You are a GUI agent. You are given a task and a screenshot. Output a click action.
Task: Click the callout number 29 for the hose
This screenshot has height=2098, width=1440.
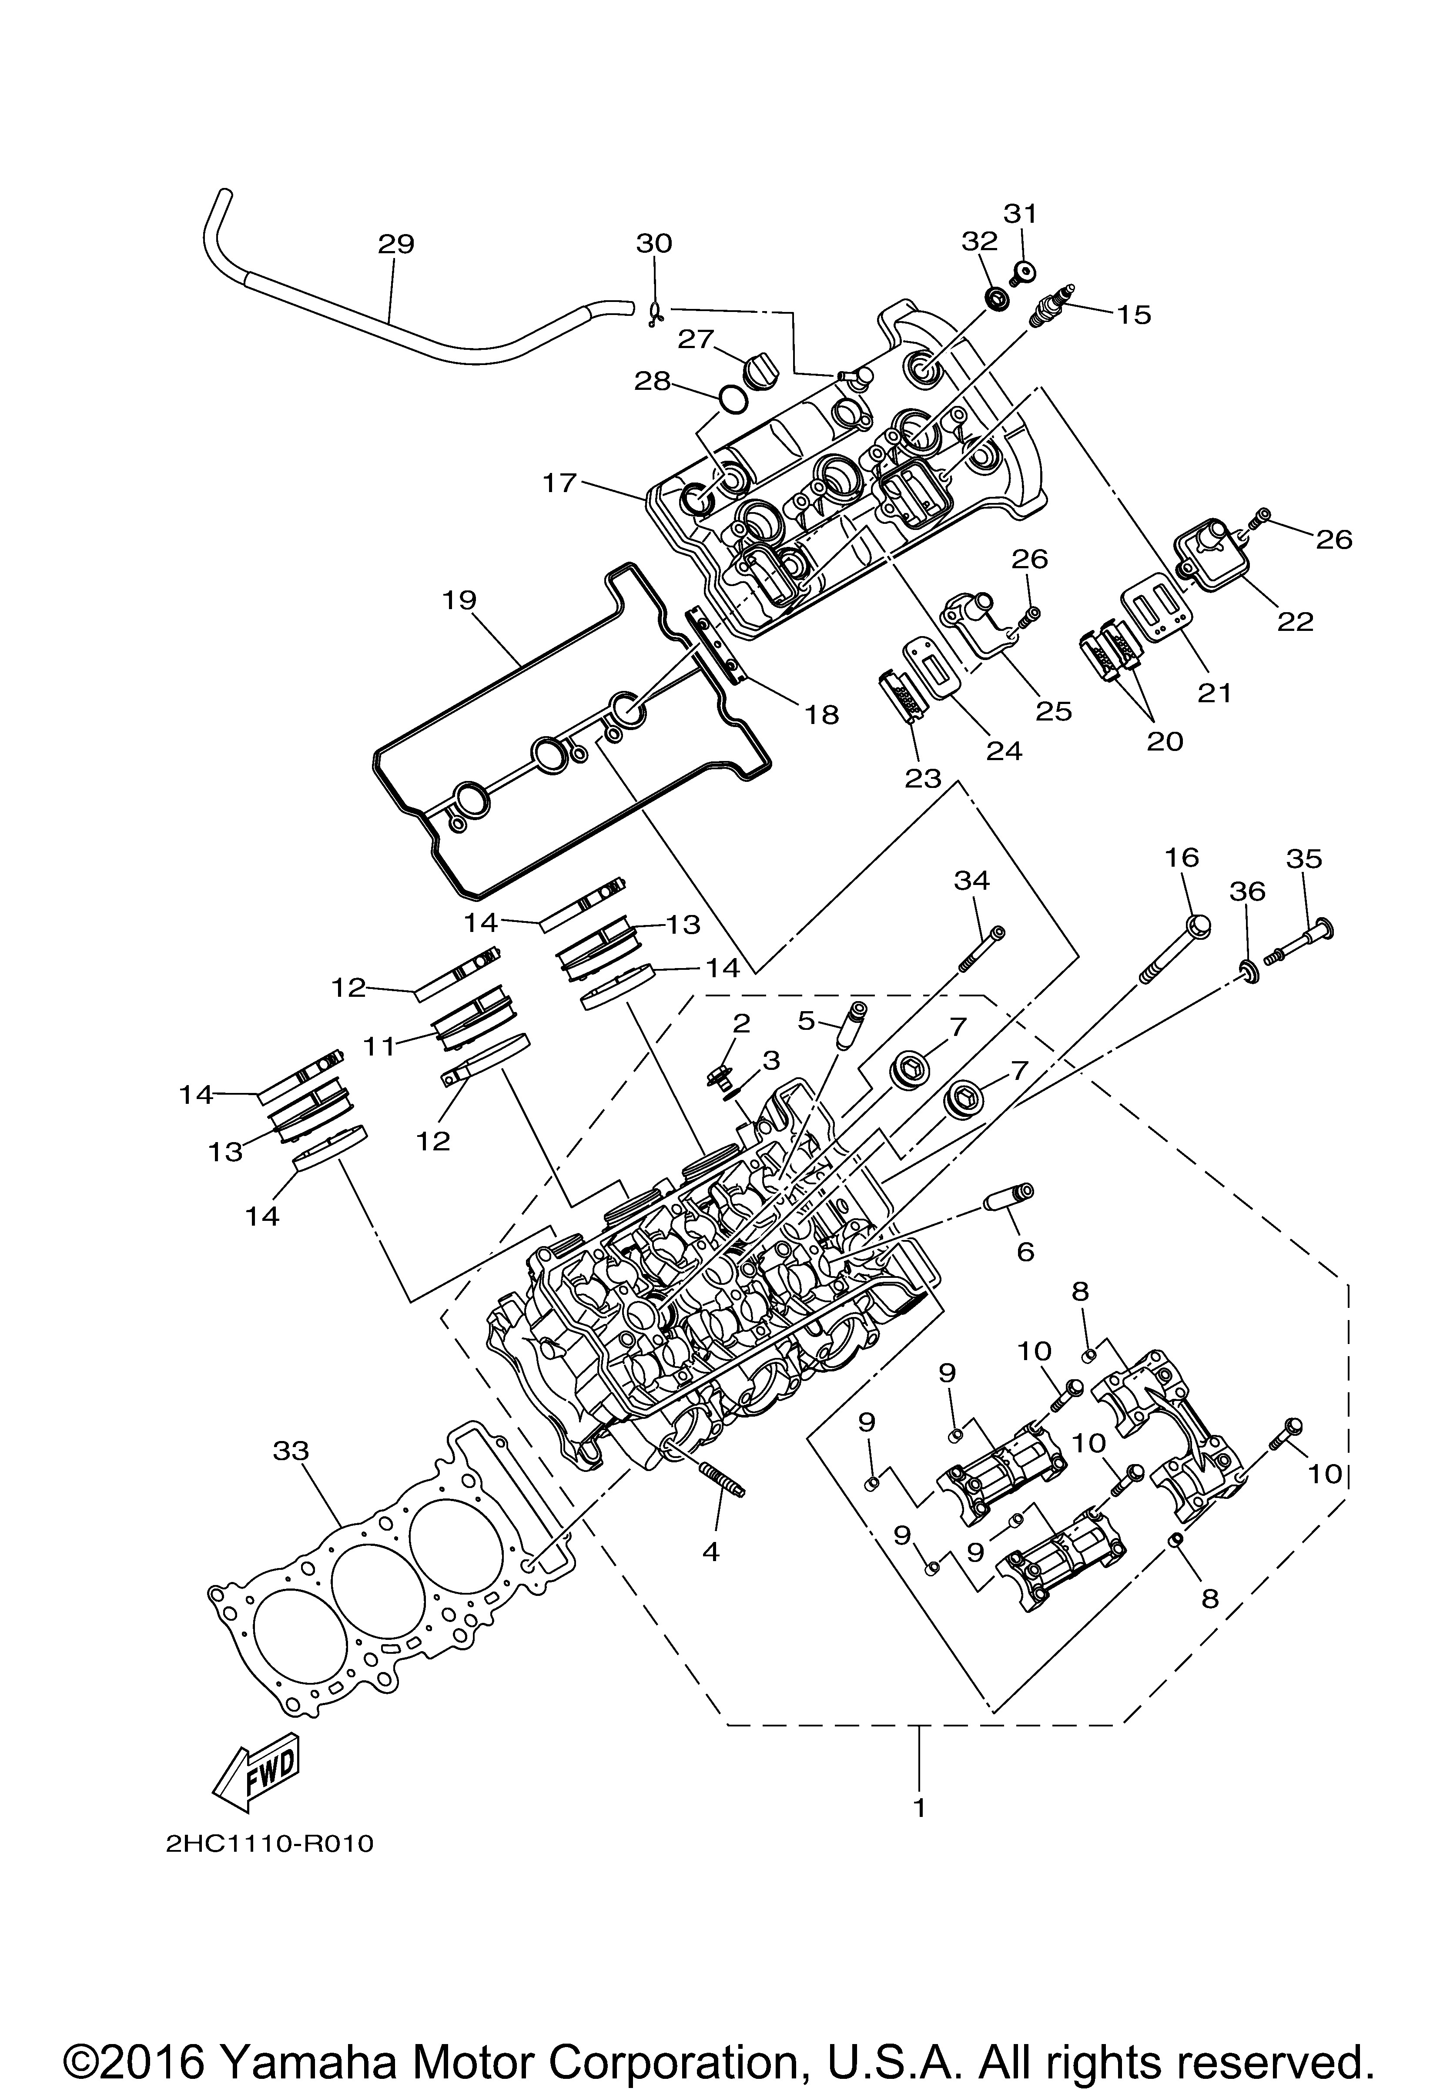pyautogui.click(x=395, y=245)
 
